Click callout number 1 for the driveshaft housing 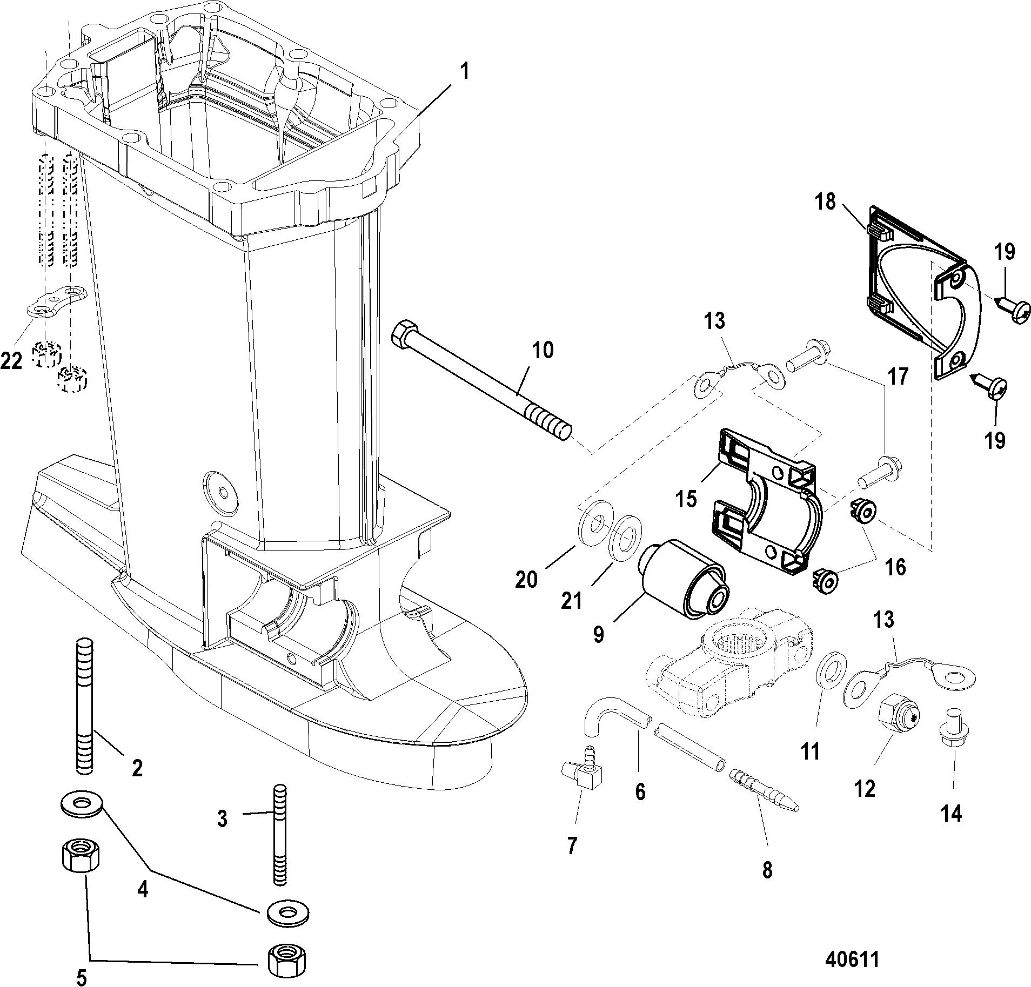click(464, 72)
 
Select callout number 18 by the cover click(826, 202)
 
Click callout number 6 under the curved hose click(640, 792)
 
